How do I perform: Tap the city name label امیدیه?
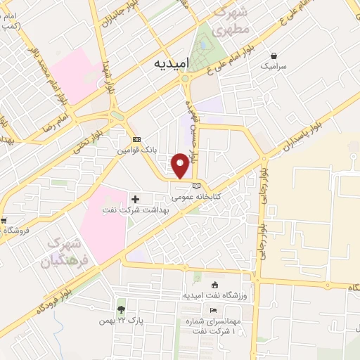(171, 63)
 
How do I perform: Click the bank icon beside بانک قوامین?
(136, 139)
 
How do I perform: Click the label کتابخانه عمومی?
(197, 197)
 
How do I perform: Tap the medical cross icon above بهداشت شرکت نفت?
(135, 200)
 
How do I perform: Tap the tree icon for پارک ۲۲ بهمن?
(122, 309)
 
